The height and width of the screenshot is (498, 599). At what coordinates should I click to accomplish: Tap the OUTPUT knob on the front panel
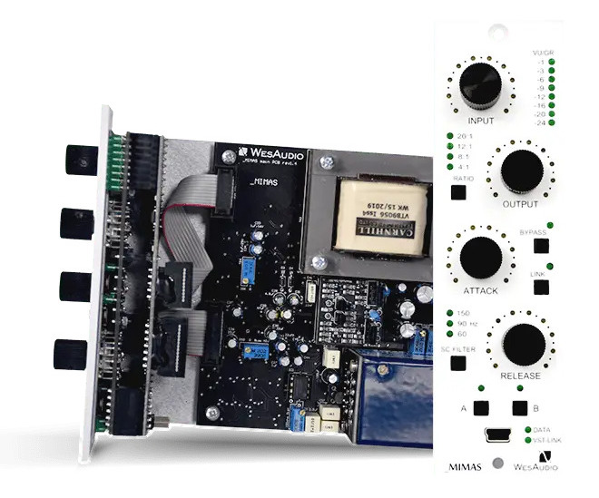(520, 170)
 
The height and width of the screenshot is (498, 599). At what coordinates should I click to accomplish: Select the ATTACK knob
(480, 256)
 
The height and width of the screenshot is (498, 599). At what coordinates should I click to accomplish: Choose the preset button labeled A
(480, 408)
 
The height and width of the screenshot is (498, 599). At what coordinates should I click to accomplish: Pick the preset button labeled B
(519, 408)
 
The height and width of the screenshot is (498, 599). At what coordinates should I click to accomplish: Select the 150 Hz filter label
(464, 314)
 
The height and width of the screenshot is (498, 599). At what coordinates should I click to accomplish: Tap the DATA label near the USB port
(544, 430)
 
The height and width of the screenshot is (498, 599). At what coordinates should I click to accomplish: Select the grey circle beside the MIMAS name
(497, 464)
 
